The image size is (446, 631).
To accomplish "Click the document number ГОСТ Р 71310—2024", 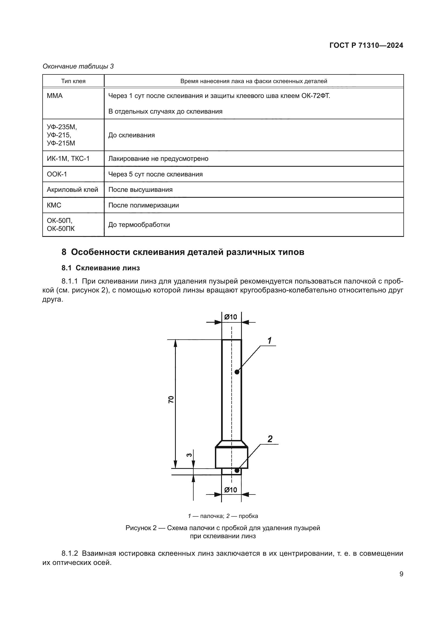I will coord(366,46).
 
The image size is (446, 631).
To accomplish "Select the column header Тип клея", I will coord(73,81).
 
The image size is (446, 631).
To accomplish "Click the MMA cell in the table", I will coord(55,96).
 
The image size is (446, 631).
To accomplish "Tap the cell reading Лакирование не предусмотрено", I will coord(158,159).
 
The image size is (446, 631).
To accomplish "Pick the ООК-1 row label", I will coord(57,174).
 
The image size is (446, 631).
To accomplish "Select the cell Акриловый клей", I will coord(72,190).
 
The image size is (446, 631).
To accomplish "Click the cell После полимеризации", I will coord(143,205).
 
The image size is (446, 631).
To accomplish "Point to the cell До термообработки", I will coord(139,225).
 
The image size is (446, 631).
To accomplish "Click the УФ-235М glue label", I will coord(62,127).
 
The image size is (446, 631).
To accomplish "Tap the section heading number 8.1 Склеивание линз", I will coord(101,268).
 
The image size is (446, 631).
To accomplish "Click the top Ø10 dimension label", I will coord(231,317).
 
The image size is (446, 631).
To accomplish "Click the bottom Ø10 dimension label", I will coord(231,490).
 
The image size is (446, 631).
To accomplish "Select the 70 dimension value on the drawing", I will coord(171,400).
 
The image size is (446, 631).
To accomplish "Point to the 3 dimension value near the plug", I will coord(189,455).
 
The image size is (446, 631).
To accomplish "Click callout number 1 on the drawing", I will coord(270,341).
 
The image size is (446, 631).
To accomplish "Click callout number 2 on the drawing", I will coord(270,439).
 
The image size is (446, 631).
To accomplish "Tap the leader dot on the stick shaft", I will coord(237,372).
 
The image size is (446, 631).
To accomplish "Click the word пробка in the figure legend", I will coord(248,516).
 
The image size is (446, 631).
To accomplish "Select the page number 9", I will coord(401,574).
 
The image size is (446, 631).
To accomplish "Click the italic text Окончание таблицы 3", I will coord(78,67).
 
